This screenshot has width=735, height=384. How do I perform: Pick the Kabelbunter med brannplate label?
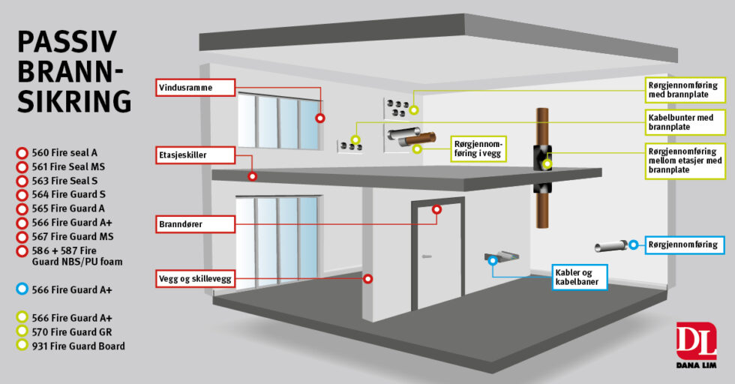pos(685,123)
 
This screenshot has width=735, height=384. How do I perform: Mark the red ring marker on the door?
pos(435,211)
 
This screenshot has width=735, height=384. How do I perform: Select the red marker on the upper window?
pos(320,118)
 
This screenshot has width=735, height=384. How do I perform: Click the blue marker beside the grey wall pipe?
pos(633,244)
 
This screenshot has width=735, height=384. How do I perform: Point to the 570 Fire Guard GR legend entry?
pos(72,331)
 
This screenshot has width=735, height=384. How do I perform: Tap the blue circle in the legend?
pos(22,289)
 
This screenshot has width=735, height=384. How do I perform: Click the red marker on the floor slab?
pos(253,176)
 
